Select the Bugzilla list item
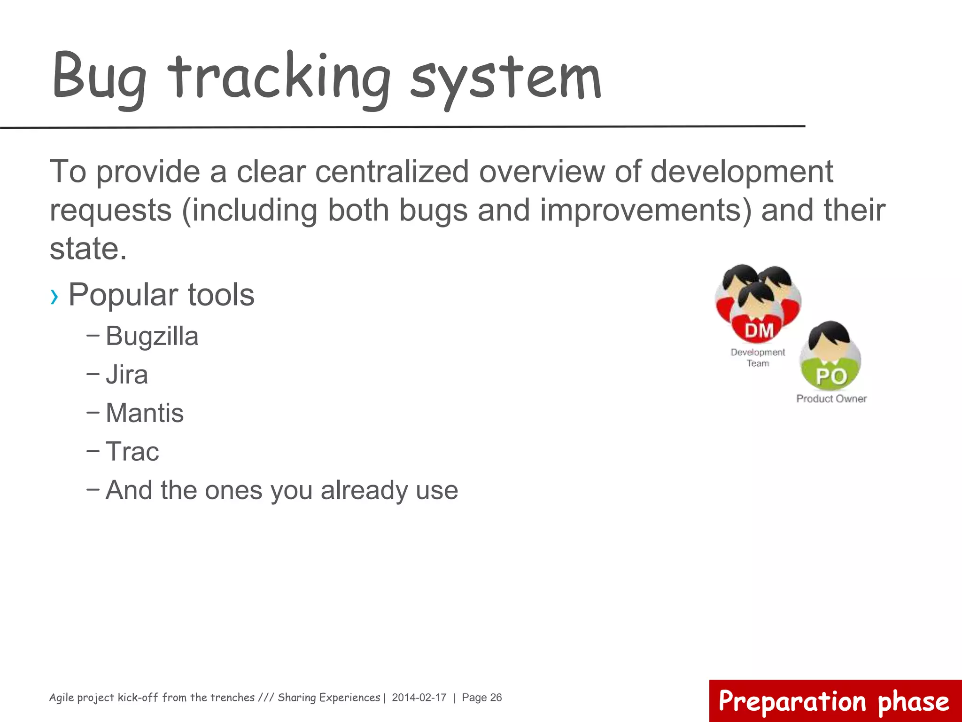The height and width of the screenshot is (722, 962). click(x=152, y=337)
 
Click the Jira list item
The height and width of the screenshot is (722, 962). click(x=127, y=375)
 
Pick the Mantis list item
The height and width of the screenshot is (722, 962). click(x=145, y=413)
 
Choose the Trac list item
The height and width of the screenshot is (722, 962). click(x=132, y=452)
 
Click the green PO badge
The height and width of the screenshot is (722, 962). click(x=831, y=376)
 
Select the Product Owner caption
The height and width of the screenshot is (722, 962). click(x=831, y=399)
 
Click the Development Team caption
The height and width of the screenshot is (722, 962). click(x=758, y=358)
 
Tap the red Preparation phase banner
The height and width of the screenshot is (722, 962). click(x=834, y=701)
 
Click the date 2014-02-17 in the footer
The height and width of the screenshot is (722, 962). click(x=419, y=698)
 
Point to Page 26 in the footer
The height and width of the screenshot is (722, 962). click(x=482, y=698)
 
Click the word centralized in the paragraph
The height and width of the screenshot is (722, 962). click(x=392, y=172)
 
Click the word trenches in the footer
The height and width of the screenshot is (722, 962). click(x=230, y=698)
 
